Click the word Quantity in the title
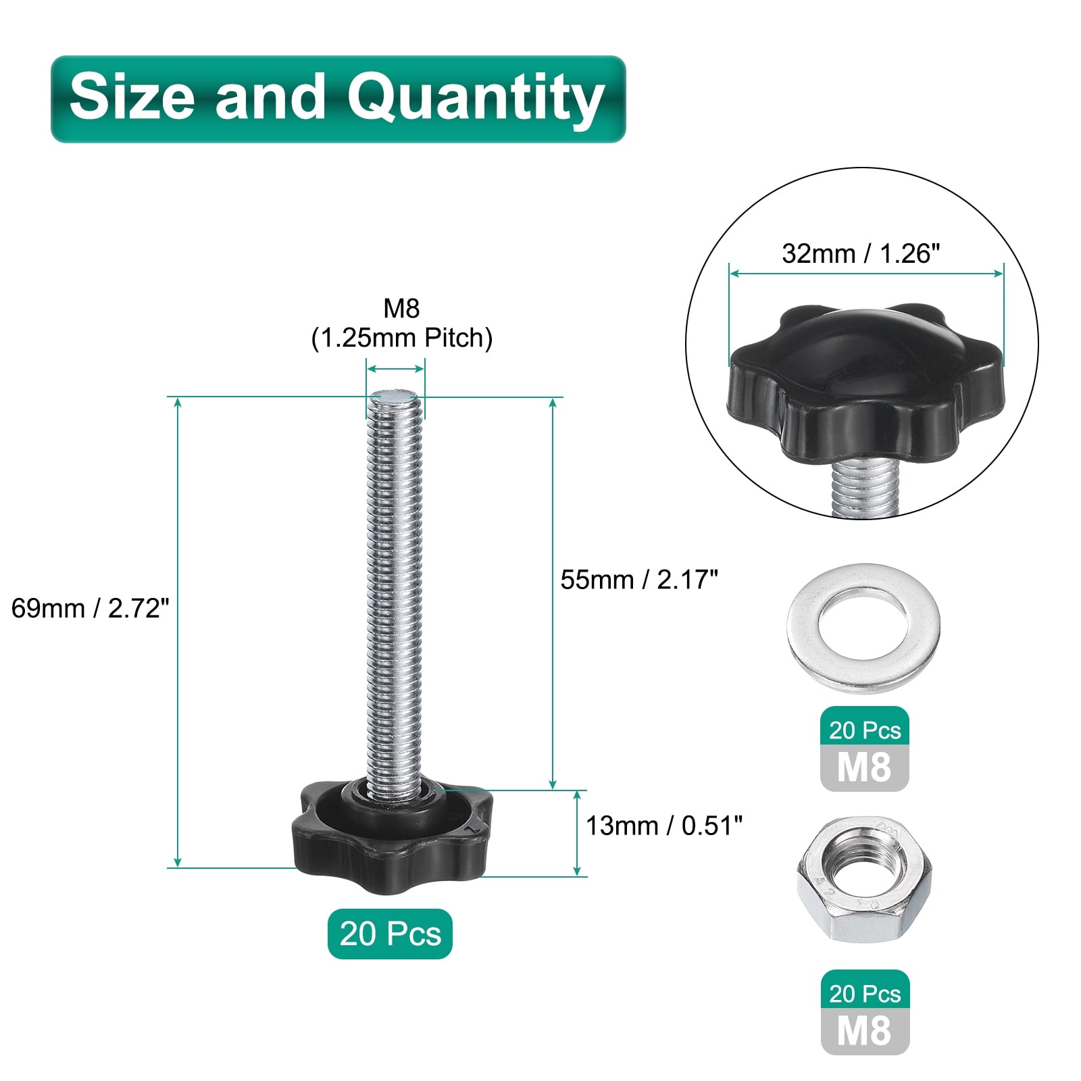pyautogui.click(x=476, y=99)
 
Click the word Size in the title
pyautogui.click(x=132, y=96)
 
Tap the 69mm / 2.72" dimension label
pyautogui.click(x=90, y=608)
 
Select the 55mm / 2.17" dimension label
pyautogui.click(x=639, y=579)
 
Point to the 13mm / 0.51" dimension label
pyautogui.click(x=664, y=825)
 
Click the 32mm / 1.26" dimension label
pyautogui.click(x=861, y=253)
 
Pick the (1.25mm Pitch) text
pyautogui.click(x=402, y=337)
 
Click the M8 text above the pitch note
pyautogui.click(x=401, y=308)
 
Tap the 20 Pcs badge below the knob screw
pyautogui.click(x=390, y=934)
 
